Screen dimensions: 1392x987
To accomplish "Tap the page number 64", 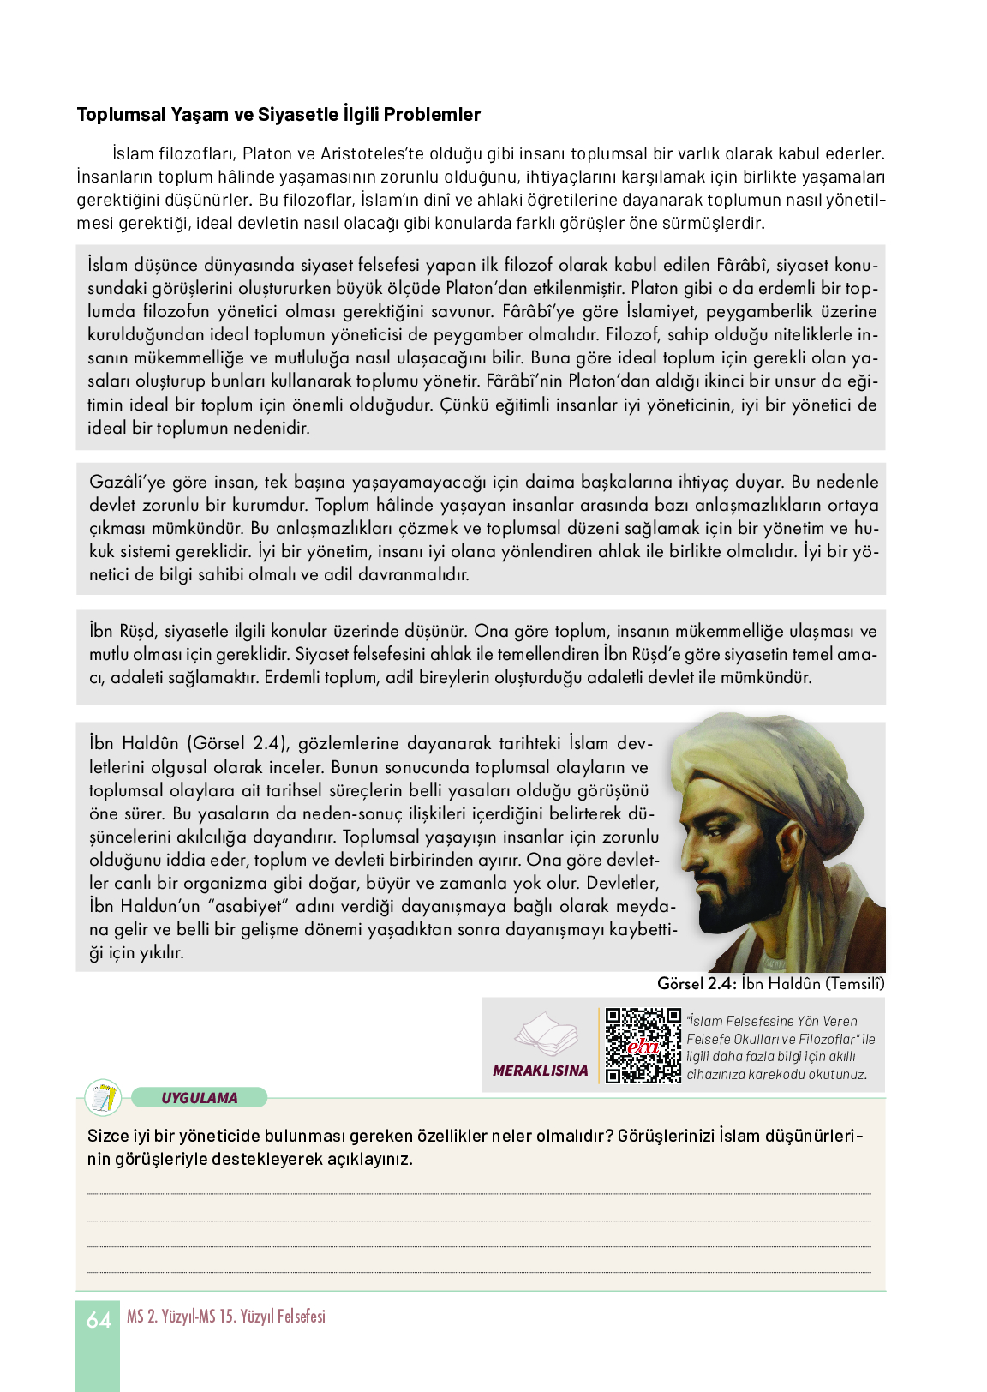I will pyautogui.click(x=98, y=1320).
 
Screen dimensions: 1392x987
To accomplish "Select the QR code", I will pyautogui.click(x=643, y=1046).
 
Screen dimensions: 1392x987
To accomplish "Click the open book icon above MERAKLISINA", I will pyautogui.click(x=545, y=1035).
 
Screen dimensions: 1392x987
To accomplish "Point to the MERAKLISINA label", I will pyautogui.click(x=541, y=1071).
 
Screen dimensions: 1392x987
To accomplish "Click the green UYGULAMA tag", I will pyautogui.click(x=200, y=1098).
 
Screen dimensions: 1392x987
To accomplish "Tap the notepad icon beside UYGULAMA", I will pyautogui.click(x=104, y=1098).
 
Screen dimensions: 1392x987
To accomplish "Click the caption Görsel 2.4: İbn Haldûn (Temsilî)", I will pyautogui.click(x=770, y=984).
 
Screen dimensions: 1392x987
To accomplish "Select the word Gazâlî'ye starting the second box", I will pyautogui.click(x=128, y=483).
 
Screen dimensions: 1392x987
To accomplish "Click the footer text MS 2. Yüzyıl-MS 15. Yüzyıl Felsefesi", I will pyautogui.click(x=226, y=1317).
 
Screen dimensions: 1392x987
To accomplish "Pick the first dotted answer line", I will pyautogui.click(x=479, y=1193).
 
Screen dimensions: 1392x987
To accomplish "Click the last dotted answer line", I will pyautogui.click(x=479, y=1272).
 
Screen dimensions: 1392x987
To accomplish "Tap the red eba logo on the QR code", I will pyautogui.click(x=643, y=1047).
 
